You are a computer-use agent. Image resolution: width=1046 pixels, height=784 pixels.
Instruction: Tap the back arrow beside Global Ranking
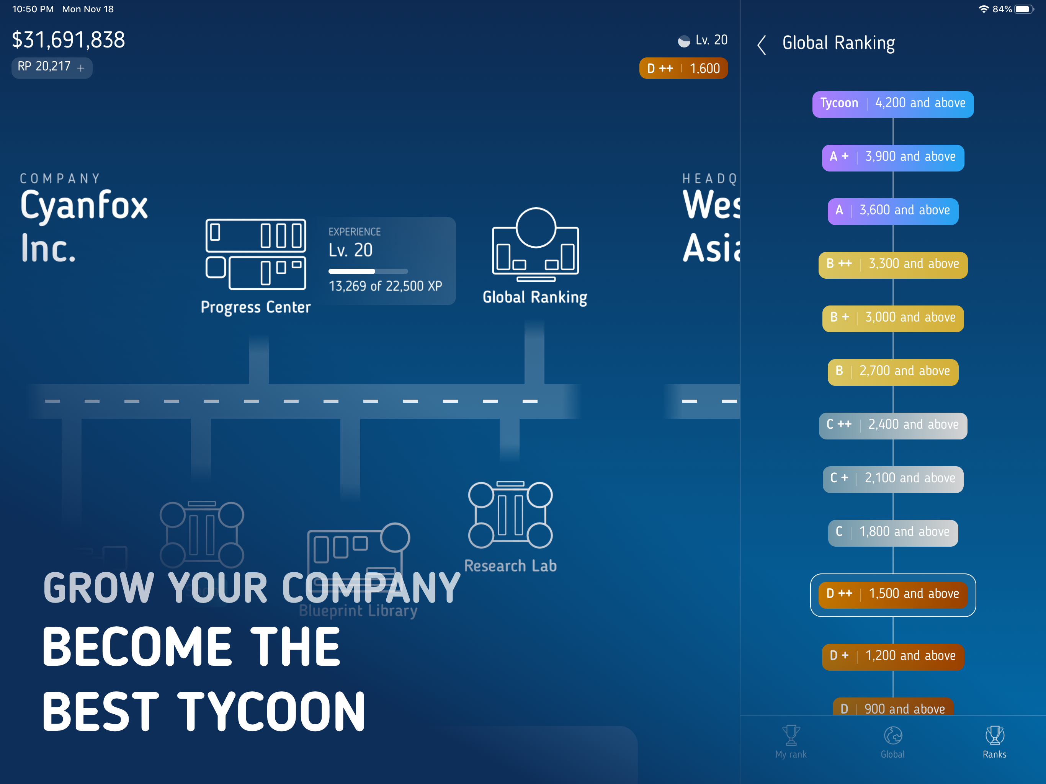[761, 45]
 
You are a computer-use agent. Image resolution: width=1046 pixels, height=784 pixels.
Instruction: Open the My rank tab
[791, 742]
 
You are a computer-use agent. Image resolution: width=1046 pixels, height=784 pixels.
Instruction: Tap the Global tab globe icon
[893, 735]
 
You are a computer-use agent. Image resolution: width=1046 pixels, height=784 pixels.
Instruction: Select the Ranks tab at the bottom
[994, 742]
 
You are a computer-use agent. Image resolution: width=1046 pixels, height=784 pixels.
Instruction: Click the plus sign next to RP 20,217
[81, 68]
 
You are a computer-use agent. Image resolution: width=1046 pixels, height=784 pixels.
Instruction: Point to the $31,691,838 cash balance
[69, 40]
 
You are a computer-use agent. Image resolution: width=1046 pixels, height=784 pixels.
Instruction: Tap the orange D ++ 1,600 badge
[683, 69]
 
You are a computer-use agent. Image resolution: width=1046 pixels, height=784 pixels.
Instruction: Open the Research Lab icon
[510, 515]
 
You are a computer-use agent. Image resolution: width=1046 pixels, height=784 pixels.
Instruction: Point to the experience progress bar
[368, 271]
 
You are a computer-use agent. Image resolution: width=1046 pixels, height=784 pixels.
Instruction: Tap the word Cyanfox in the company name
[84, 206]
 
